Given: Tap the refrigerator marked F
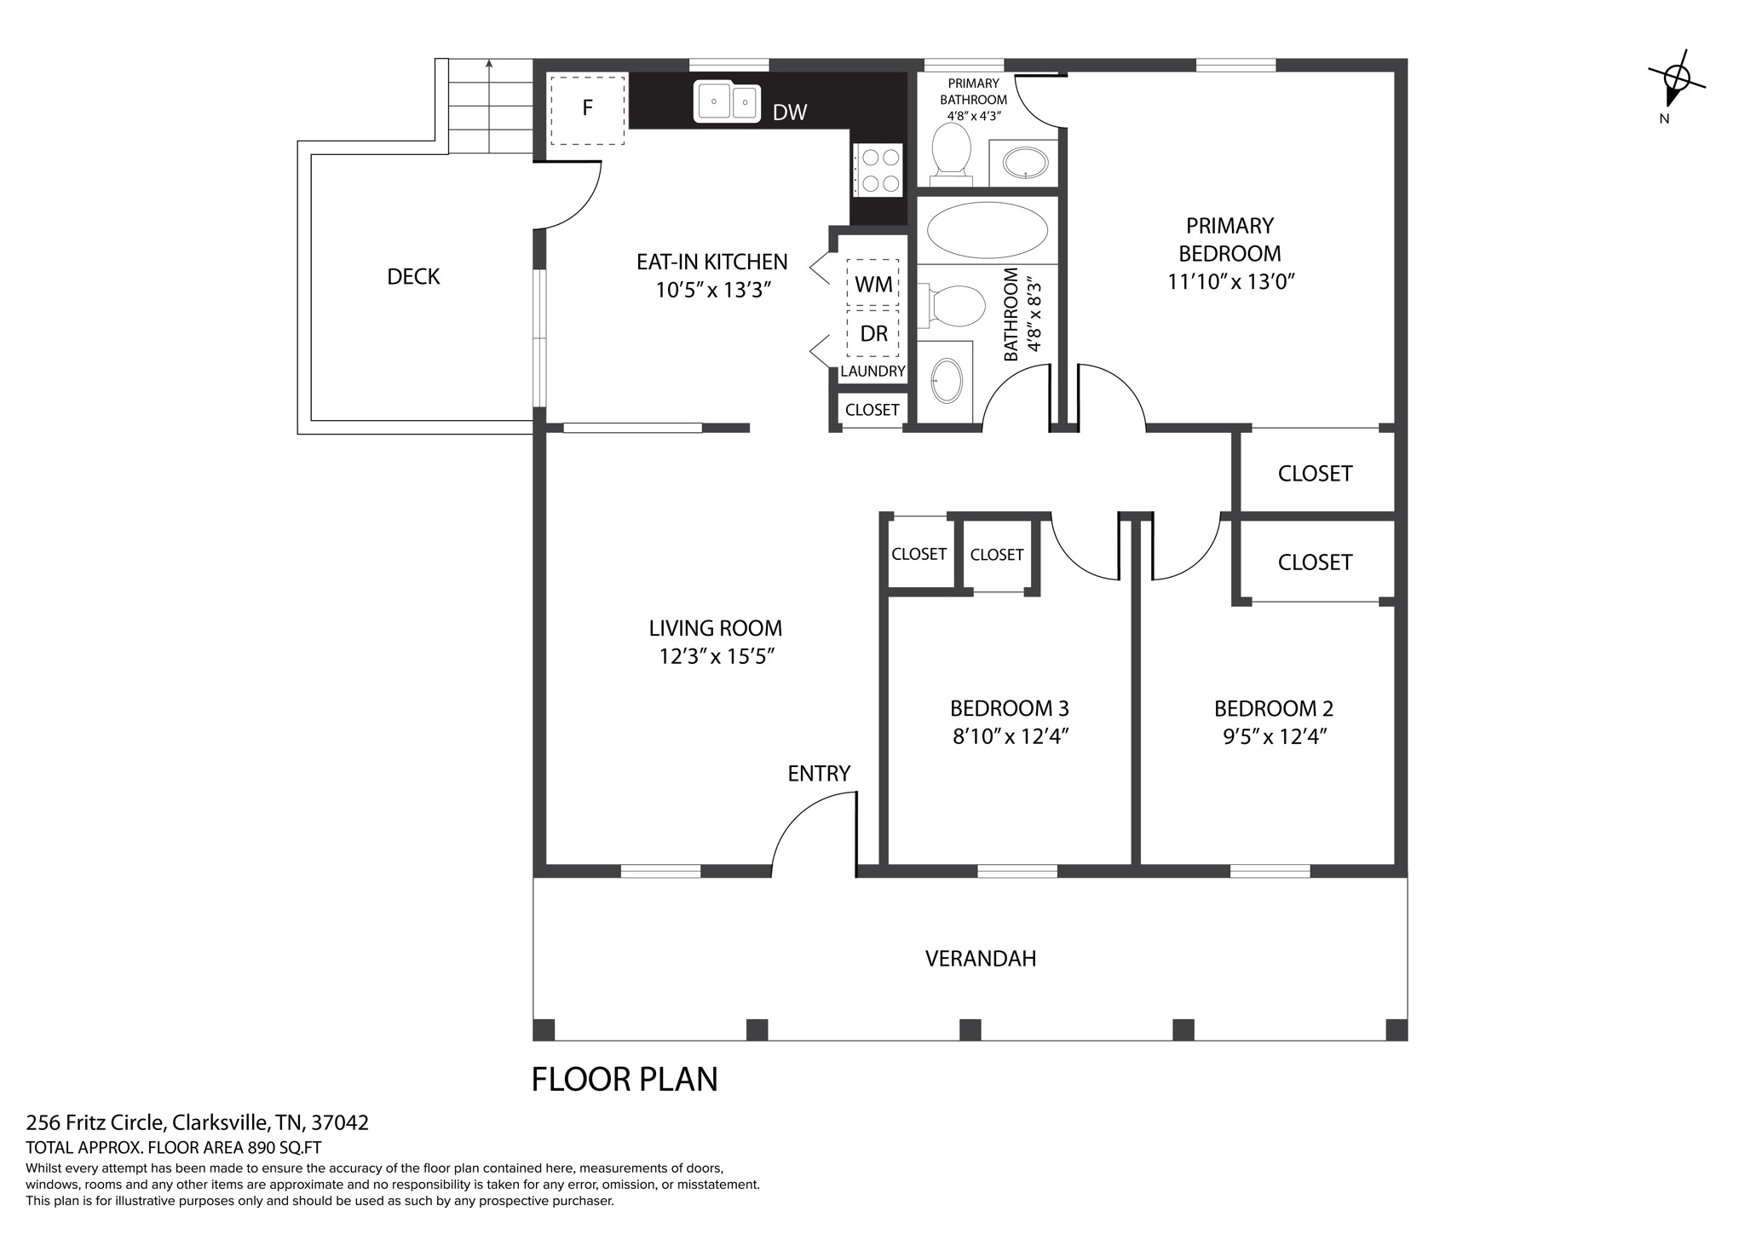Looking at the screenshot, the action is click(x=587, y=108).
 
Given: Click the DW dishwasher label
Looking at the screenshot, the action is click(x=790, y=112).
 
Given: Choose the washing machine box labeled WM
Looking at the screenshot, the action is click(x=872, y=284).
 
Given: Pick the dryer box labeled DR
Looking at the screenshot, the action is click(x=872, y=333).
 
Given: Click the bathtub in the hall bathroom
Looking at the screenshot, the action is click(x=988, y=230).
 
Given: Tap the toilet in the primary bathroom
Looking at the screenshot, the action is click(x=951, y=154).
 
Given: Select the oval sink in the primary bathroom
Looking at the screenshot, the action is click(x=1025, y=163).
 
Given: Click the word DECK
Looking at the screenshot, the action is click(x=413, y=277).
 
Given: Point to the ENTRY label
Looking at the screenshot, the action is click(x=819, y=774).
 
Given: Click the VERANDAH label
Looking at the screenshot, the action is click(x=981, y=959).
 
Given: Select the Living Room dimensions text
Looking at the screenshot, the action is click(x=716, y=657).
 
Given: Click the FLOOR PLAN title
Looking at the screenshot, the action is click(x=625, y=1079).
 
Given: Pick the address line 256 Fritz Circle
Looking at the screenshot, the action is click(x=198, y=1123).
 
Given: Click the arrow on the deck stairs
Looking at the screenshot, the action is click(x=489, y=106).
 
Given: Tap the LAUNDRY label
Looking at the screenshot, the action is click(x=872, y=372).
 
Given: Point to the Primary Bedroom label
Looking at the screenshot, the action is click(x=1230, y=239).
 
